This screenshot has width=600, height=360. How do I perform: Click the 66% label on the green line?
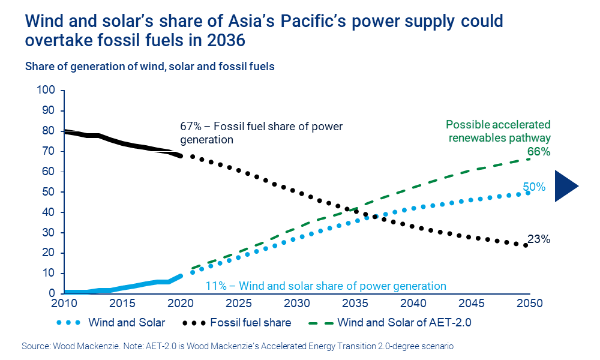point(538,152)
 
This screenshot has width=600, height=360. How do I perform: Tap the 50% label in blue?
point(533,187)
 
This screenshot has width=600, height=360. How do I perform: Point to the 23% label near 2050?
point(538,239)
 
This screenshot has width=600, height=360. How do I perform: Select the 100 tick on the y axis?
point(47,91)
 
